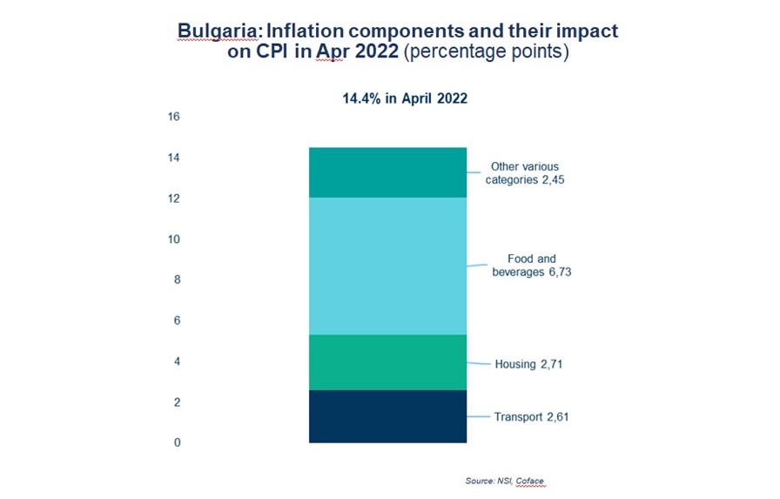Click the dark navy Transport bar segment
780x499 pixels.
tap(388, 416)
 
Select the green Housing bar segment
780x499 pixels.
tap(388, 362)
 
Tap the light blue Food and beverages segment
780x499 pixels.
tap(388, 266)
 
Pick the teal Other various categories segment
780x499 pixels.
tap(388, 172)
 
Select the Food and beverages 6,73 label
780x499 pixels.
tap(532, 266)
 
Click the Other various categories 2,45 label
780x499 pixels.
tap(524, 173)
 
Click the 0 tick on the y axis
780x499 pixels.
tap(177, 443)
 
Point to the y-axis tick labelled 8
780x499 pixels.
tap(177, 280)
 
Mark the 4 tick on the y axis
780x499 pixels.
tap(177, 361)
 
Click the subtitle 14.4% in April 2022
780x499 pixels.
tap(404, 98)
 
